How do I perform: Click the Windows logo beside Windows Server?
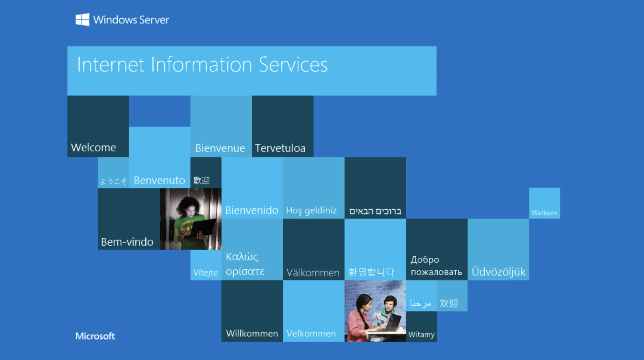pyautogui.click(x=82, y=20)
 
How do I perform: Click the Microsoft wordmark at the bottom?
pyautogui.click(x=95, y=336)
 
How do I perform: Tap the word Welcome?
pyautogui.click(x=93, y=147)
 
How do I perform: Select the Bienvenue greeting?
pyautogui.click(x=220, y=148)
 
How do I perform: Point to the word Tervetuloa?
pyautogui.click(x=280, y=148)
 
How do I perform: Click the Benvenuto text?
pyautogui.click(x=159, y=180)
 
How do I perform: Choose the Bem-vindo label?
pyautogui.click(x=127, y=242)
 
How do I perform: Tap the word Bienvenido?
pyautogui.click(x=252, y=210)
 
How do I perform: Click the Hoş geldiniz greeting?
pyautogui.click(x=311, y=210)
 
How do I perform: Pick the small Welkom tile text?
pyautogui.click(x=544, y=213)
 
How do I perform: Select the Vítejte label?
pyautogui.click(x=205, y=272)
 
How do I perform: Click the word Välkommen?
pyautogui.click(x=313, y=272)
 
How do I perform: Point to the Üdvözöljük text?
pyautogui.click(x=498, y=271)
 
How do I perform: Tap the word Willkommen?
pyautogui.click(x=252, y=333)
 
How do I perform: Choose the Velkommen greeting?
pyautogui.click(x=311, y=333)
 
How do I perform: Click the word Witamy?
pyautogui.click(x=421, y=334)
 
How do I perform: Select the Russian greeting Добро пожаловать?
pyautogui.click(x=436, y=266)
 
